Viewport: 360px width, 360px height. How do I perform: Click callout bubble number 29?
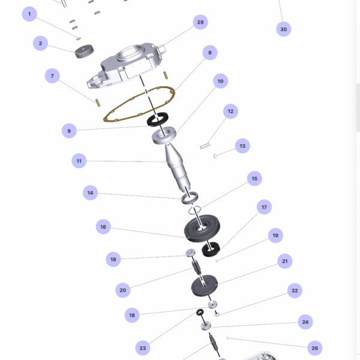coord(200,22)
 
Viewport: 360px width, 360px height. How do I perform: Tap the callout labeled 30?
coord(284,29)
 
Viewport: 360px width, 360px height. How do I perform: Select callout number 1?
coord(29,14)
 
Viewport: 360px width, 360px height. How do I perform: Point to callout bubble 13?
coord(242,146)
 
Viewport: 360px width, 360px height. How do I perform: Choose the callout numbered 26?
coord(315,348)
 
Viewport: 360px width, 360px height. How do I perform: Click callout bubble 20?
coord(123,290)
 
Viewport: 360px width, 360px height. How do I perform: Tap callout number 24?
coord(305,322)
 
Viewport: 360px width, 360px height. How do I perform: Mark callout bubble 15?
coord(254,178)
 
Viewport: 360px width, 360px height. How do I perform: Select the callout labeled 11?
coord(79,161)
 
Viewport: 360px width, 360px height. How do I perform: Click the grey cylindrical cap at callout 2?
coord(84,52)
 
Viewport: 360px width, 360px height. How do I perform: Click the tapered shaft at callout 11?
coord(177,167)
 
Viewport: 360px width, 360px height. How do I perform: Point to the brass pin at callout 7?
coord(98,103)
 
